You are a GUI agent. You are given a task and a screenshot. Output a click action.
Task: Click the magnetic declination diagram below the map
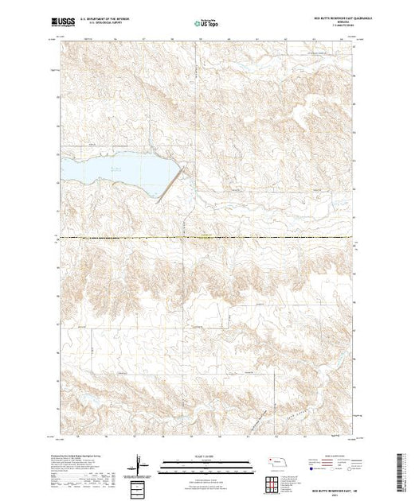coord(142,464)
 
